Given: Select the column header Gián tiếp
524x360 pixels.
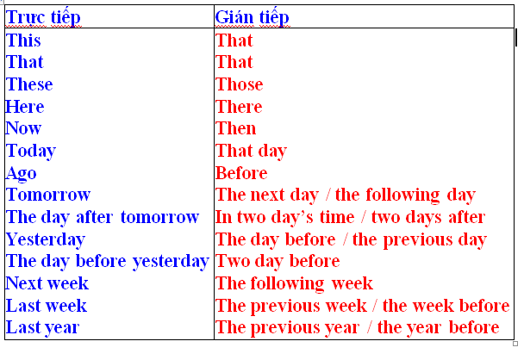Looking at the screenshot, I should pyautogui.click(x=252, y=16).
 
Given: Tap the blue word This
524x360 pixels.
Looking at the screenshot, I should pyautogui.click(x=23, y=40).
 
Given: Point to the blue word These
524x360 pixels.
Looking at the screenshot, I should pyautogui.click(x=29, y=84).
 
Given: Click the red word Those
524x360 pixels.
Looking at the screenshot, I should pyautogui.click(x=240, y=84).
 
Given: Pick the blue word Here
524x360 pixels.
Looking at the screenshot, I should pyautogui.click(x=25, y=107).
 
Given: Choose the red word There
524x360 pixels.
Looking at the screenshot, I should pyautogui.click(x=239, y=107).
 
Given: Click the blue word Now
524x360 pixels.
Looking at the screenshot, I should pyautogui.click(x=24, y=128).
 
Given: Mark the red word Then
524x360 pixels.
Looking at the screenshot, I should pyautogui.click(x=235, y=128).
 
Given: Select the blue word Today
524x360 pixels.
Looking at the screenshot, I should pyautogui.click(x=31, y=151).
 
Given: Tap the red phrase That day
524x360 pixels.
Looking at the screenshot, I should pyautogui.click(x=251, y=151).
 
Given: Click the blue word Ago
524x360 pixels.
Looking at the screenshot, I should pyautogui.click(x=22, y=173).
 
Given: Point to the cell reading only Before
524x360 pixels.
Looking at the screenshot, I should pyautogui.click(x=241, y=173).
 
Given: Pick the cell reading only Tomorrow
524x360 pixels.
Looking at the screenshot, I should pyautogui.click(x=48, y=196).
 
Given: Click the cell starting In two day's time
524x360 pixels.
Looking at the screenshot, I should pyautogui.click(x=350, y=217).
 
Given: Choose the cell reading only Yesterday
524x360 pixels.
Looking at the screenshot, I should pyautogui.click(x=46, y=239).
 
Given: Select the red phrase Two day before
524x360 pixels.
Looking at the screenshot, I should pyautogui.click(x=278, y=261).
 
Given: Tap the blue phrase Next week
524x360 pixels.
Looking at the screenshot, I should pyautogui.click(x=47, y=283).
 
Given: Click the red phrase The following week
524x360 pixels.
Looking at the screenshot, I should pyautogui.click(x=294, y=283).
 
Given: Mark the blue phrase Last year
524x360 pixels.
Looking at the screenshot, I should pyautogui.click(x=43, y=327).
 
